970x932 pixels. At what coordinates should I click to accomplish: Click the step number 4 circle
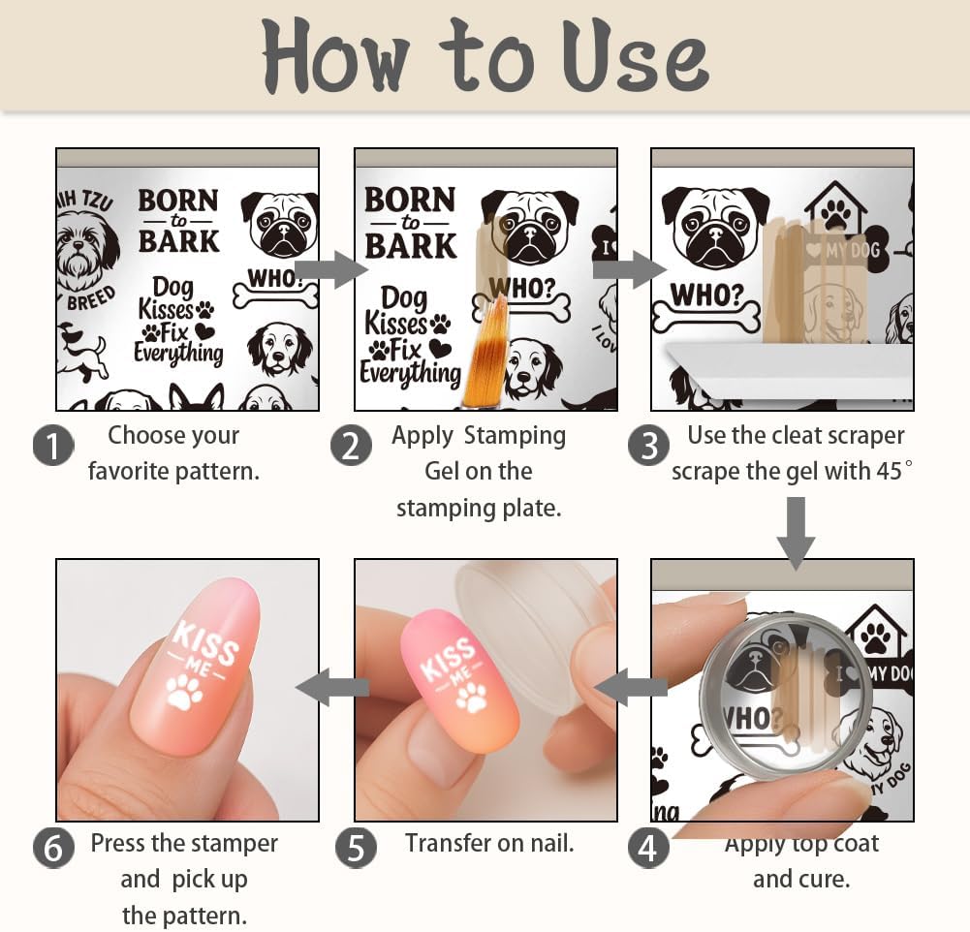(x=648, y=848)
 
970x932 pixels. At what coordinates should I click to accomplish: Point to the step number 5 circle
(x=356, y=848)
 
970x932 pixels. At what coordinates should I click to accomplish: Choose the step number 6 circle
(x=53, y=848)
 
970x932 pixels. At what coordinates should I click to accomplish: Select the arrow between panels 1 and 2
(x=329, y=269)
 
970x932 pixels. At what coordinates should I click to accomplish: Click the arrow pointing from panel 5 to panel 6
(x=332, y=688)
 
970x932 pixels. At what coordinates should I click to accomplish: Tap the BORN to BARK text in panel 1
(x=178, y=221)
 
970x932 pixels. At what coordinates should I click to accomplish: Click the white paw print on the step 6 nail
(x=184, y=691)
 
